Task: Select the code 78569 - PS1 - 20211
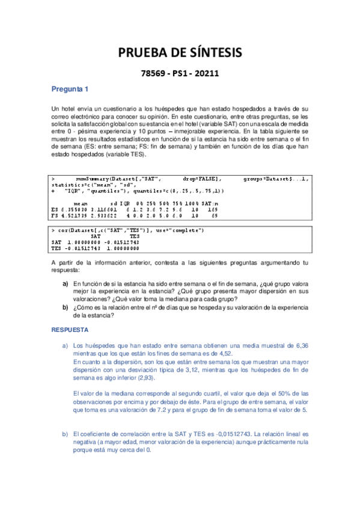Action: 179,74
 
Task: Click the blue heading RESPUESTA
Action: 70,330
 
